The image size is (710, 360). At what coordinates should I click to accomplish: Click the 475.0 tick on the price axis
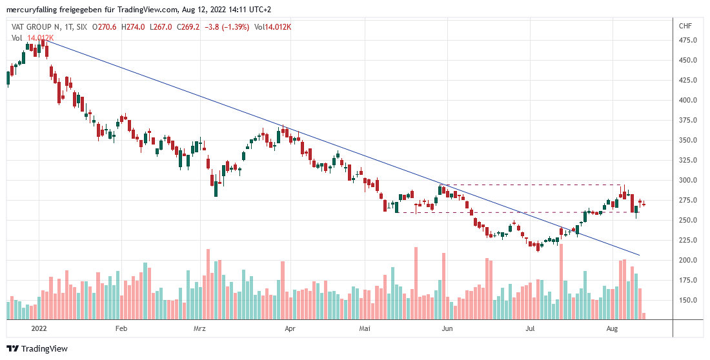688,40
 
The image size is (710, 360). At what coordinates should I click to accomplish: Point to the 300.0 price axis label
688,180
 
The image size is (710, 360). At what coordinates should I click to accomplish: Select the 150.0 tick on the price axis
688,300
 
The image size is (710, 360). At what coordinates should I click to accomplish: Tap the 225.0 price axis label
688,240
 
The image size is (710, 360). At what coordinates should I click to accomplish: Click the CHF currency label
685,26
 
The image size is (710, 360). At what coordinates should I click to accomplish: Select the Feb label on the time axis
121,328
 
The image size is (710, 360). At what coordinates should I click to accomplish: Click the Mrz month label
199,328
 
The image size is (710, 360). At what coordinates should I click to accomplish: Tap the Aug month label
613,328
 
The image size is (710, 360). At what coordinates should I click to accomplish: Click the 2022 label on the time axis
40,328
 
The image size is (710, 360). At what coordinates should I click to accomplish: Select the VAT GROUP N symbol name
39,26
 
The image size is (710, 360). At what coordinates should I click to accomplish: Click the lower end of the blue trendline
639,255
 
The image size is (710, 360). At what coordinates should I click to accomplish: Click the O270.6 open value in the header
105,26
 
